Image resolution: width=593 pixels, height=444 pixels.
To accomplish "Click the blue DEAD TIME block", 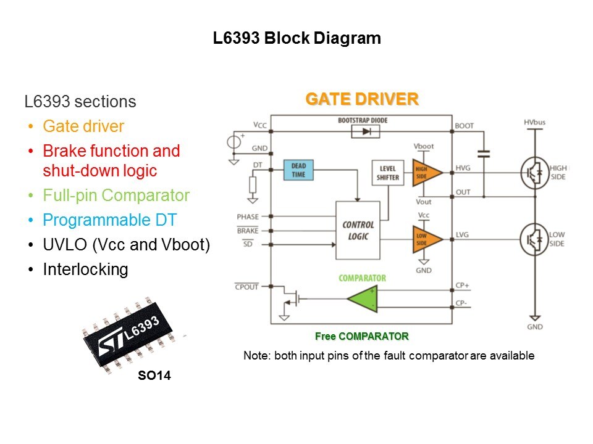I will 299,170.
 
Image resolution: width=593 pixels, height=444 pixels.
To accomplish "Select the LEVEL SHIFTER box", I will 388,173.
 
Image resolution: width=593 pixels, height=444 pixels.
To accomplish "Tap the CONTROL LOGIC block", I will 358,230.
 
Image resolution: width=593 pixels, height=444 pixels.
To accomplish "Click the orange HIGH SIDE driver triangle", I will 426,173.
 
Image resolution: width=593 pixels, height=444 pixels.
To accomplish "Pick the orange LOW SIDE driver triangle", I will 426,239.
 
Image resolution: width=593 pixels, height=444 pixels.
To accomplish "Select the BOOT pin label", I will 464,126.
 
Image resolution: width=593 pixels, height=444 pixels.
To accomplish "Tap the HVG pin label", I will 463,168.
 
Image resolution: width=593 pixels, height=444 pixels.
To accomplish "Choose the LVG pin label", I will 463,235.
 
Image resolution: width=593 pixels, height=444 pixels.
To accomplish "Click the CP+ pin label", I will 463,286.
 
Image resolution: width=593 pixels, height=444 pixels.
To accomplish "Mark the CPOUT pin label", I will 246,286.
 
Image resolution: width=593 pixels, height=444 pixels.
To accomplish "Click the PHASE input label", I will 247,217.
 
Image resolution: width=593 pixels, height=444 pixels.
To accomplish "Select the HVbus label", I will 534,122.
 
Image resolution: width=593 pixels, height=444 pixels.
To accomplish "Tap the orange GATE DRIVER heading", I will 362,99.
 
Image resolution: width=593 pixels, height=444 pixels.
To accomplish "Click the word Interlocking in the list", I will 85,269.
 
